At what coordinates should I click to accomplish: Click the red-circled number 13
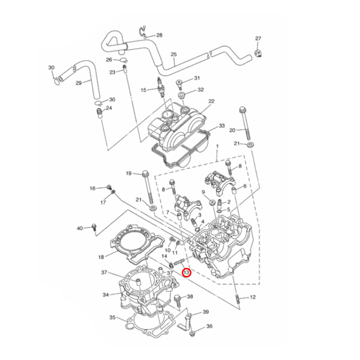pos(186,273)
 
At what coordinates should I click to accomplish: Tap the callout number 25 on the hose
pos(174,54)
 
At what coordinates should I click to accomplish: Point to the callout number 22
pos(211,101)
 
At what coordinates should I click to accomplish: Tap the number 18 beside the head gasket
pos(101,257)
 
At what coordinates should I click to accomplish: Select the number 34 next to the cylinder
pos(105,295)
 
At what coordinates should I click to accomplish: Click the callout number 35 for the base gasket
pos(112,318)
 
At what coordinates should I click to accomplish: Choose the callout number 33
pos(222,126)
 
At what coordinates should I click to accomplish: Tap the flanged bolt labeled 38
pos(177,299)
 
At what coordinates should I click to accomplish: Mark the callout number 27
pos(258,39)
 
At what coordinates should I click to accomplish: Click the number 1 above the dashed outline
pos(217,147)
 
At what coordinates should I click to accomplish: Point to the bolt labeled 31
pos(179,84)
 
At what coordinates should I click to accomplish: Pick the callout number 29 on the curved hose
pos(79,83)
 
